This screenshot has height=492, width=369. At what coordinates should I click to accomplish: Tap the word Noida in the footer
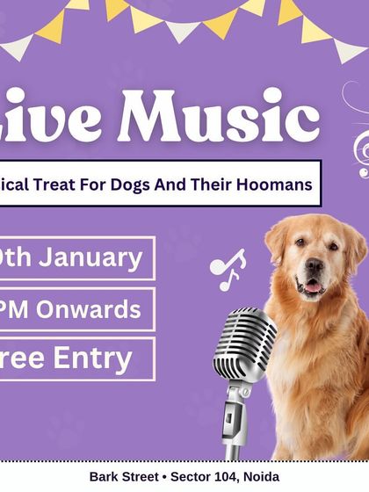[x=260, y=476]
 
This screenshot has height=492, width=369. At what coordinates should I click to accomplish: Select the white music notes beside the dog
[x=228, y=269]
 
